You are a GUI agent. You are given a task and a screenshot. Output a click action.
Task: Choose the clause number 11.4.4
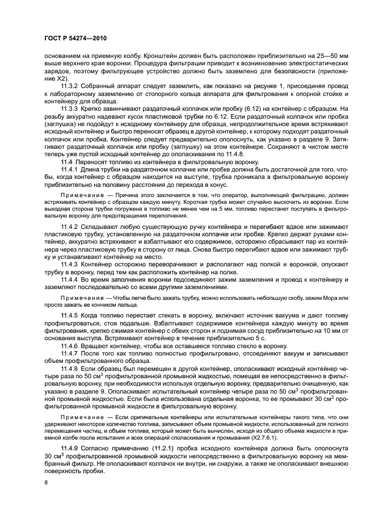(x=71, y=295)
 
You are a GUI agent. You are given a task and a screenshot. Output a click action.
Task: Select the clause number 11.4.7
(x=71, y=369)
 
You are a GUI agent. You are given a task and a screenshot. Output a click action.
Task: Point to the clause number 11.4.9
(x=71, y=449)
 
